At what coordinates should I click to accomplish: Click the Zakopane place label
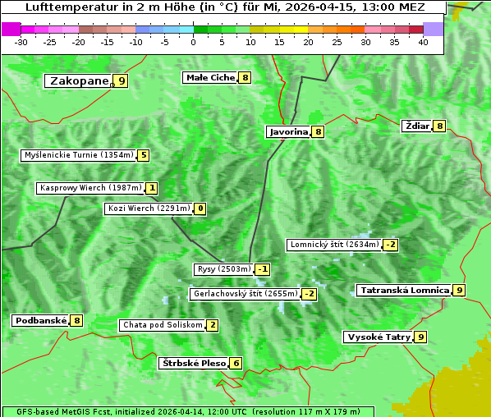80,81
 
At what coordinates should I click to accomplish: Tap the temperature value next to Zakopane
122,81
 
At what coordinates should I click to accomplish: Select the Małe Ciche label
210,78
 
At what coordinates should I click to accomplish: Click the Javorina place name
288,131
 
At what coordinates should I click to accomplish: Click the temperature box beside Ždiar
439,126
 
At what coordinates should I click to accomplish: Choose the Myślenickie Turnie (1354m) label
79,155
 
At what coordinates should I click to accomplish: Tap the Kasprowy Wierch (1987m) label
91,188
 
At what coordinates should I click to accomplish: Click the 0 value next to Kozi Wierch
200,208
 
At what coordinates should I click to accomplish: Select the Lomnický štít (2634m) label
334,245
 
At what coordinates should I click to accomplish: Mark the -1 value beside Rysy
263,269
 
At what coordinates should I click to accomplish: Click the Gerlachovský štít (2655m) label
245,294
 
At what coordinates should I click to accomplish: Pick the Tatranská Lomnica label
405,290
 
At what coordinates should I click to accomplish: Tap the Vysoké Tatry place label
378,337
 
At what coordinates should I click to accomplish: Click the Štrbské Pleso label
193,363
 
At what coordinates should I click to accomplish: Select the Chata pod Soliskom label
162,325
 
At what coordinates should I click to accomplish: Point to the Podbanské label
39,320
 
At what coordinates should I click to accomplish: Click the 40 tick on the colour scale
423,42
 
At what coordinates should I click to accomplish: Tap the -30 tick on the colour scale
21,42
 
